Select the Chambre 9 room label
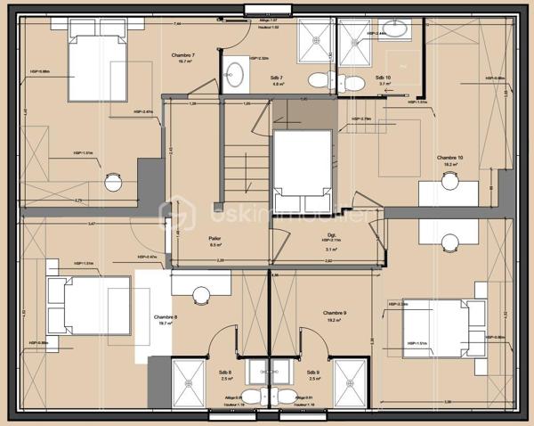[334, 313]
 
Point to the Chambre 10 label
[446, 157]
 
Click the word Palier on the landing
[214, 238]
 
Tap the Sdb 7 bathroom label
[277, 78]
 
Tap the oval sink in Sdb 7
[236, 71]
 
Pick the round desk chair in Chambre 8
[201, 294]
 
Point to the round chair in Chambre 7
[113, 179]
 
